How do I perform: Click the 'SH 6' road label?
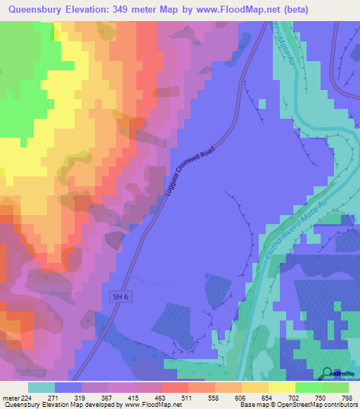[x=121, y=297]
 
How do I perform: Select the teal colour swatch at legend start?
[x=41, y=387]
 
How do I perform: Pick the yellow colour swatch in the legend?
[x=282, y=387]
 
